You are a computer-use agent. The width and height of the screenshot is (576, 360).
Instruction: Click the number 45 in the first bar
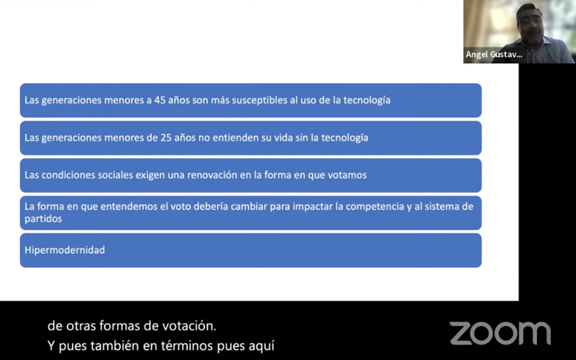pyautogui.click(x=160, y=100)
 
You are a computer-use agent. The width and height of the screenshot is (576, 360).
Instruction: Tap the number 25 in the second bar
pyautogui.click(x=166, y=138)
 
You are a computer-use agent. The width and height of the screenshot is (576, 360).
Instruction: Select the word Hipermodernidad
pyautogui.click(x=64, y=250)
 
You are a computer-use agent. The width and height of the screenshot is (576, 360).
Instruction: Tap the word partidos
pyautogui.click(x=43, y=219)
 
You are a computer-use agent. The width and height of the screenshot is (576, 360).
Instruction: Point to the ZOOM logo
pyautogui.click(x=500, y=333)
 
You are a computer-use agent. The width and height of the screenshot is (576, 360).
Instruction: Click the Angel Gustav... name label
pyautogui.click(x=494, y=54)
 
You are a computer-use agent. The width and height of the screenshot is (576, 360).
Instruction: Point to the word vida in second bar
pyautogui.click(x=284, y=138)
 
